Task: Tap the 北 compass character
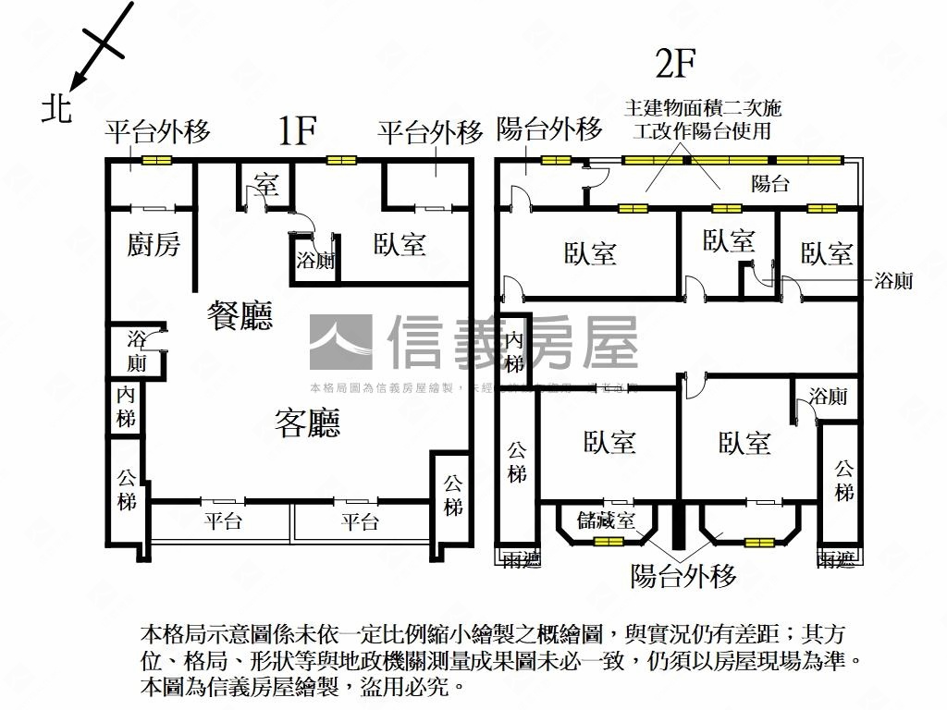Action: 57,109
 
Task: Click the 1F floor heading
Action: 298,132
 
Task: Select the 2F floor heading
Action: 674,65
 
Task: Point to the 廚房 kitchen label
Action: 154,245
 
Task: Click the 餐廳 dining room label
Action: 240,317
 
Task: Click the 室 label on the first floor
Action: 266,183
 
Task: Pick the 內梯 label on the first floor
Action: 126,407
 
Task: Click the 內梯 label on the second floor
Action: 514,352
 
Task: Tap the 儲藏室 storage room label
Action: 605,520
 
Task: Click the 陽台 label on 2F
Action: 770,183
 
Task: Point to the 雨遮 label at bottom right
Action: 837,558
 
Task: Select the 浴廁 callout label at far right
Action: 893,280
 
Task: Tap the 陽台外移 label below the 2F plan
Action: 683,577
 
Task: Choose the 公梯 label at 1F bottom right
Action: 452,495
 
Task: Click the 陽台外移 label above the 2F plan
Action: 549,129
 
